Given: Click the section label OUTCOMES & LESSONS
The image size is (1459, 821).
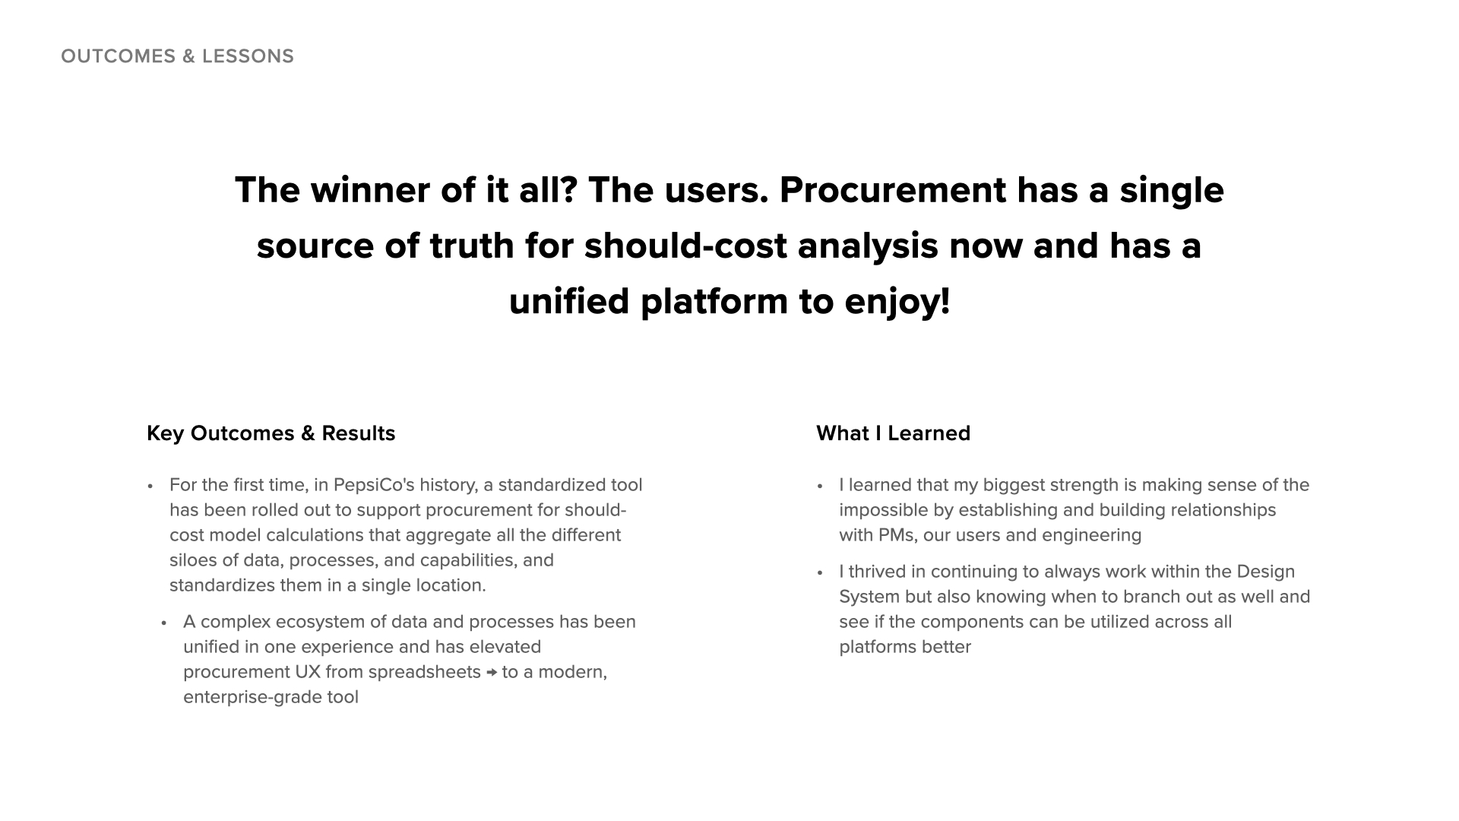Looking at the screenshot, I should pyautogui.click(x=177, y=56).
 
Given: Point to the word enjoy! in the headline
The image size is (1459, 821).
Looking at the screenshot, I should pyautogui.click(x=897, y=302).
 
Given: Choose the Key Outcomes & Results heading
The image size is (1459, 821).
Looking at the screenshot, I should pyautogui.click(x=271, y=433).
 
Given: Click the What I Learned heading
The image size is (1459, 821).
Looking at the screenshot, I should pyautogui.click(x=893, y=433).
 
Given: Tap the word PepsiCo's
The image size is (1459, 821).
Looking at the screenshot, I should pyautogui.click(x=374, y=485).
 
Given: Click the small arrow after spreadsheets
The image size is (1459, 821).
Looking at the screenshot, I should pyautogui.click(x=491, y=673).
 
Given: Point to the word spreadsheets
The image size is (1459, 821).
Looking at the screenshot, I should pyautogui.click(x=424, y=672).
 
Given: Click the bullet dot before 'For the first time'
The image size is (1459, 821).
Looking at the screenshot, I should pyautogui.click(x=150, y=486).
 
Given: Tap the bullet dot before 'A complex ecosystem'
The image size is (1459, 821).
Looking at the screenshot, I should pyautogui.click(x=163, y=623).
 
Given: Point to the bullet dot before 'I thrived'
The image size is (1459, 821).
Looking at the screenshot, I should pyautogui.click(x=820, y=572).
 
